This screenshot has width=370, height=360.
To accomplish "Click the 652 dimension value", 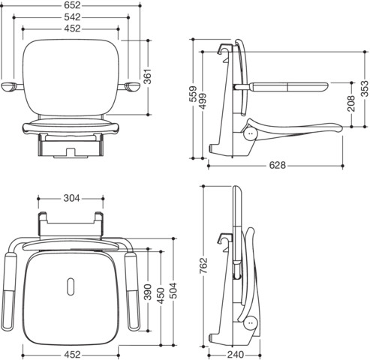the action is (72, 5).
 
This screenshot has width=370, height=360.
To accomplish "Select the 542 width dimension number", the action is (72, 17).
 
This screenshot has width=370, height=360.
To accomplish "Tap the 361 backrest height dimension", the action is (148, 76).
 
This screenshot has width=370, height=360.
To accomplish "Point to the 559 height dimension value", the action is (193, 94).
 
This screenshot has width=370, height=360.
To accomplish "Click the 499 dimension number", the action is (203, 101).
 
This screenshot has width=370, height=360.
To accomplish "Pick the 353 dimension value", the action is (365, 88).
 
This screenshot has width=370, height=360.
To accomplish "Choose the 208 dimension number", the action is (351, 103).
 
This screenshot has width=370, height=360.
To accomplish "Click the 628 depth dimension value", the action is (277, 165).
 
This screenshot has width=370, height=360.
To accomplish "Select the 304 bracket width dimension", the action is (71, 198).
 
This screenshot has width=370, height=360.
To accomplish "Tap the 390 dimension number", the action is (148, 292).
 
